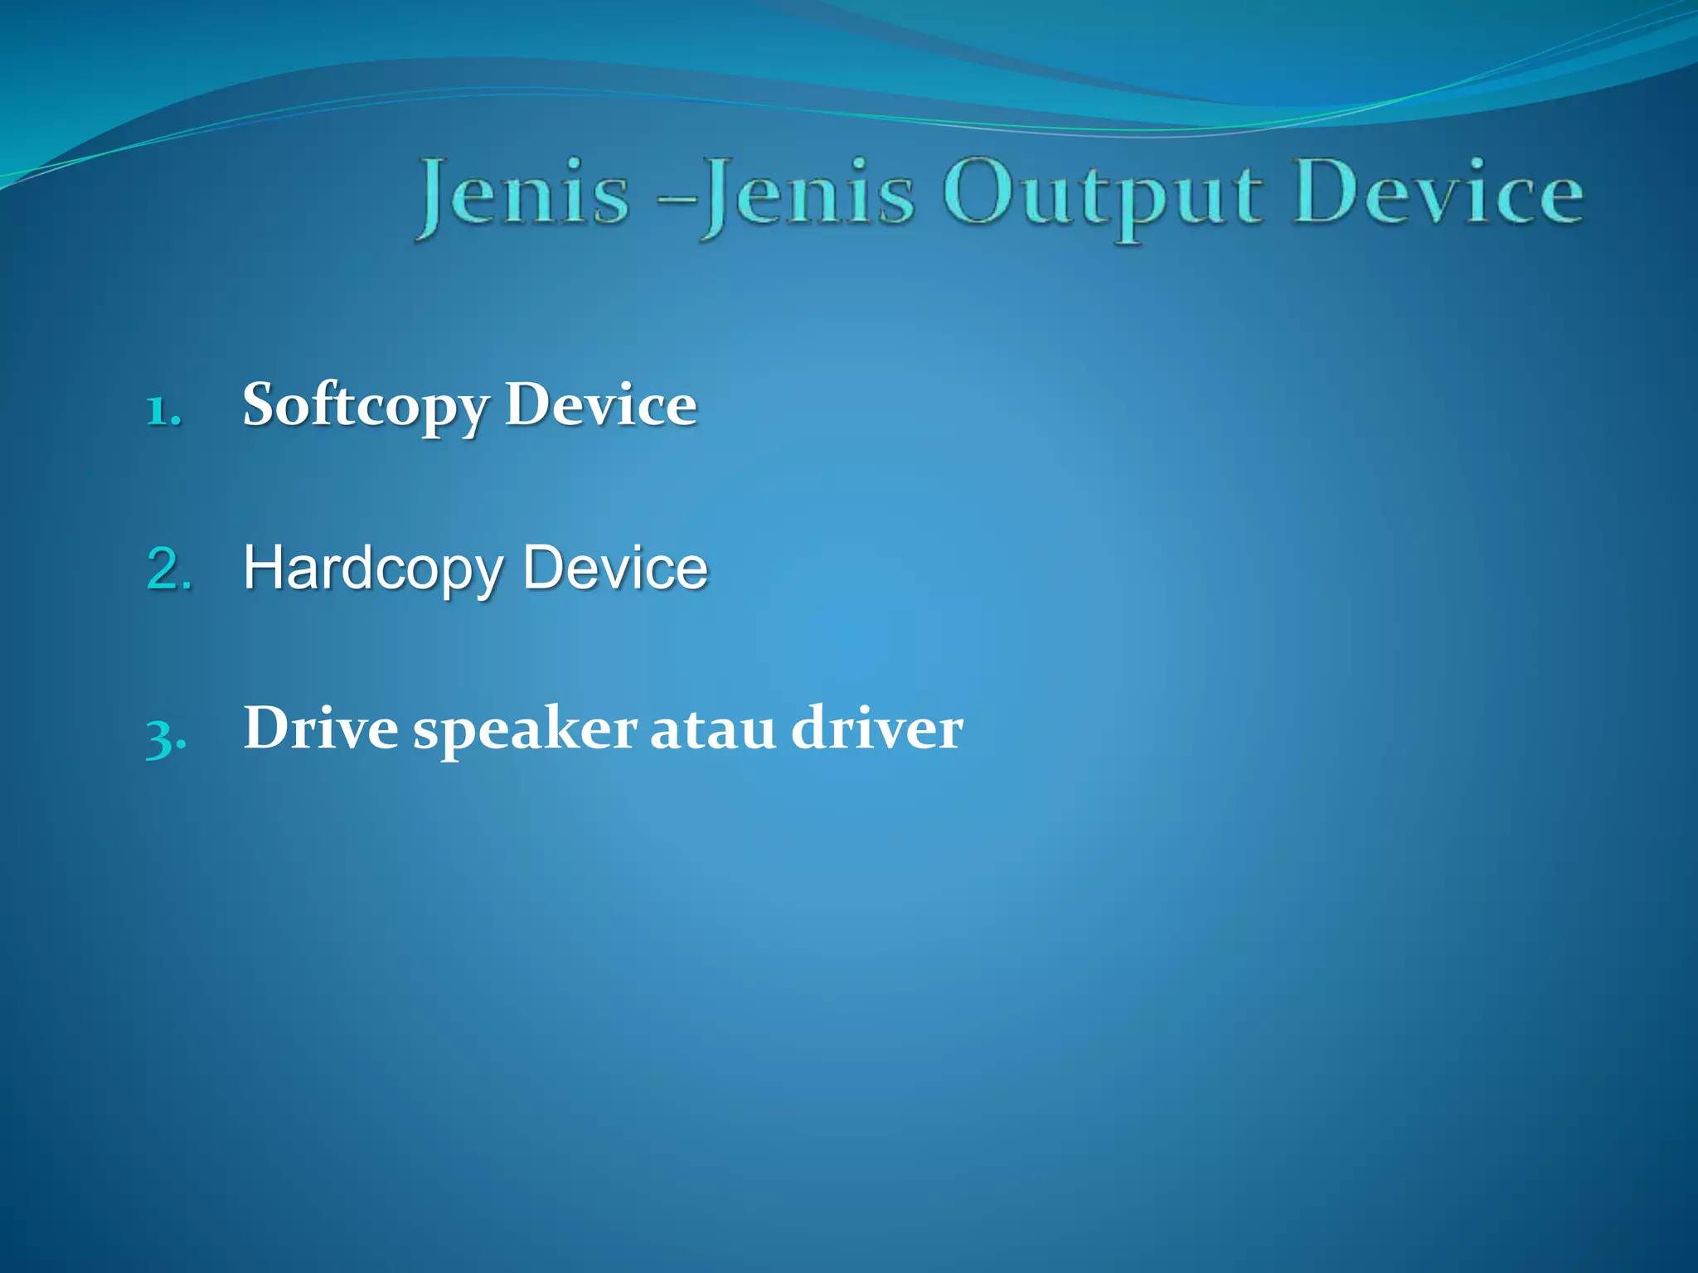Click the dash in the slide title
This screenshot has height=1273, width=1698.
point(677,199)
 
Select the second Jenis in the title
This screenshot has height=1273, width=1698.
point(808,196)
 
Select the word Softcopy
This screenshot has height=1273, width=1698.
point(365,406)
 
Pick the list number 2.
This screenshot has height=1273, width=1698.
point(169,569)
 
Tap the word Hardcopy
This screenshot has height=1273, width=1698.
point(373,570)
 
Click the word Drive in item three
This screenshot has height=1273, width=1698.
point(321,728)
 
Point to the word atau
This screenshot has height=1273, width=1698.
point(713,729)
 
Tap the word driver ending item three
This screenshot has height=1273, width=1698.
point(877,728)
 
